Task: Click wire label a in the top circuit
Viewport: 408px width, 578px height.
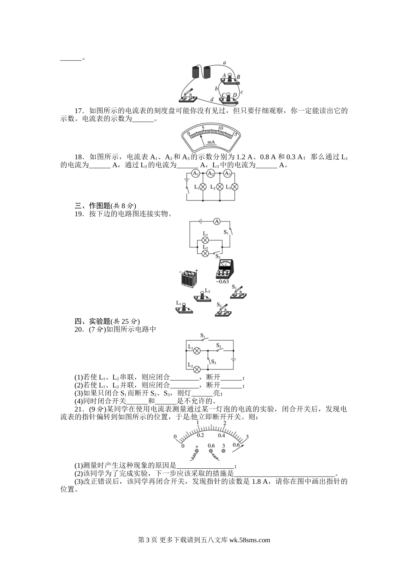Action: point(225,63)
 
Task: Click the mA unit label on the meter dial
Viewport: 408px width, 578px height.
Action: point(211,142)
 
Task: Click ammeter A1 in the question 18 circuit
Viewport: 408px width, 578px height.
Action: point(196,173)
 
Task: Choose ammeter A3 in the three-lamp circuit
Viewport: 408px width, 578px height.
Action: point(228,173)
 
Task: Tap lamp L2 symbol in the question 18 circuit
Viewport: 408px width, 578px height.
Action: point(219,187)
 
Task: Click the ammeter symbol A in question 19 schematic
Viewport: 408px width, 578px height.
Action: point(217,221)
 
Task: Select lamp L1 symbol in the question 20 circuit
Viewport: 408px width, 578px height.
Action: point(197,350)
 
